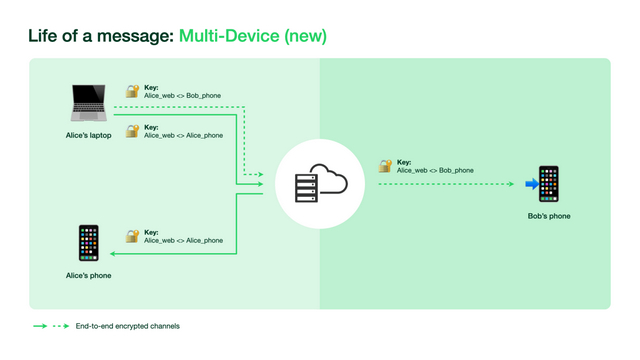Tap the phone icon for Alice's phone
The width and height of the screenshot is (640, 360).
pos(88,243)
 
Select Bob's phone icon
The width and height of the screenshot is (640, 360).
pos(549,184)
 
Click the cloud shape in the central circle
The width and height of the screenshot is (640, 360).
pos(331,182)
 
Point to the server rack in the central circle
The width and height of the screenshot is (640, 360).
pos(305,186)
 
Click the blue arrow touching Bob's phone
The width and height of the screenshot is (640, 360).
pos(531,184)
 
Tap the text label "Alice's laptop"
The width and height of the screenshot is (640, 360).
pos(88,135)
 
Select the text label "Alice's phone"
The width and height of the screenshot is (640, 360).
pos(88,275)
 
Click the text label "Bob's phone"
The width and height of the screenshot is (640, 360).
pos(549,216)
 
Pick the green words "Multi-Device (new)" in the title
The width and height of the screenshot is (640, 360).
pos(252,36)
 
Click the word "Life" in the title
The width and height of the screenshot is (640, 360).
pos(43,36)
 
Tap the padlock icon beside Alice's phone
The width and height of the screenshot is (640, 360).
pos(132,236)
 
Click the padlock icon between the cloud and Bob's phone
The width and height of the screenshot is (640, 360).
pos(385,166)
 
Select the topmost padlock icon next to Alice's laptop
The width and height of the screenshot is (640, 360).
pos(132,91)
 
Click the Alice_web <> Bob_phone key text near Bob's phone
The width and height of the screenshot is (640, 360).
pos(435,171)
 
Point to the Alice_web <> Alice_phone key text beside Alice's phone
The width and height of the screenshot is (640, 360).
pos(183,241)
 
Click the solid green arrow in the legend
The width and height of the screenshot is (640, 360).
pos(40,326)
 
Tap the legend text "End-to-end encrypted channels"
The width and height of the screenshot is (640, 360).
pos(127,326)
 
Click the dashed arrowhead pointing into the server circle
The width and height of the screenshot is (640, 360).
pos(259,174)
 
